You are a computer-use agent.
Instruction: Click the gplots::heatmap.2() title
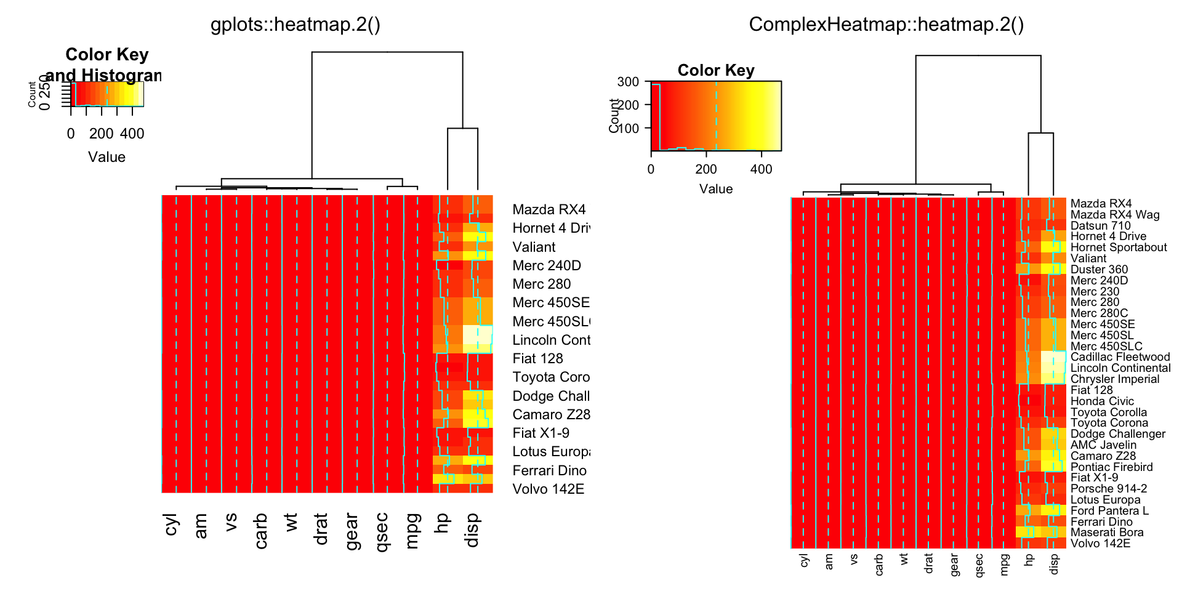[x=295, y=25]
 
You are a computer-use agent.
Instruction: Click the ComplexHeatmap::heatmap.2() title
[x=886, y=25]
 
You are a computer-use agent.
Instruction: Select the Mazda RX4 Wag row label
[x=1115, y=215]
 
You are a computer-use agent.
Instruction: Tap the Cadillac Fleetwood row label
[x=1120, y=357]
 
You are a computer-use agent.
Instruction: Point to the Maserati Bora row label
[x=1107, y=533]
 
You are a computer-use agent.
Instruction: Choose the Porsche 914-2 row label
[x=1109, y=489]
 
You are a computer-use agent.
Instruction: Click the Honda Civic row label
[x=1102, y=401]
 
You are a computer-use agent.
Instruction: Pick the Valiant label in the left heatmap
[x=534, y=247]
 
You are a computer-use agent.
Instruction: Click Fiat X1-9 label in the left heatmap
[x=541, y=433]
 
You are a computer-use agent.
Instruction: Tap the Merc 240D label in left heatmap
[x=547, y=266]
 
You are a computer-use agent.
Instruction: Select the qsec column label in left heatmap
[x=382, y=532]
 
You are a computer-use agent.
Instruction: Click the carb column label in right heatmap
[x=878, y=565]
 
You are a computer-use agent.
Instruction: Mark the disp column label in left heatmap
[x=472, y=530]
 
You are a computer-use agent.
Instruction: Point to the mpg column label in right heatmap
[x=1004, y=565]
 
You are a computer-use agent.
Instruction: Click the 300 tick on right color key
[x=628, y=81]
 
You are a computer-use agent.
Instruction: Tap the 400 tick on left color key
[x=132, y=134]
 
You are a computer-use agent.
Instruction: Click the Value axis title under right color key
[x=716, y=189]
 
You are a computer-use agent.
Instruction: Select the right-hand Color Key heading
[x=716, y=70]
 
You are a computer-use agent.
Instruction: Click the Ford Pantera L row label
[x=1109, y=511]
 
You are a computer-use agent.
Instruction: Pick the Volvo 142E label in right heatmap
[x=1100, y=544]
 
